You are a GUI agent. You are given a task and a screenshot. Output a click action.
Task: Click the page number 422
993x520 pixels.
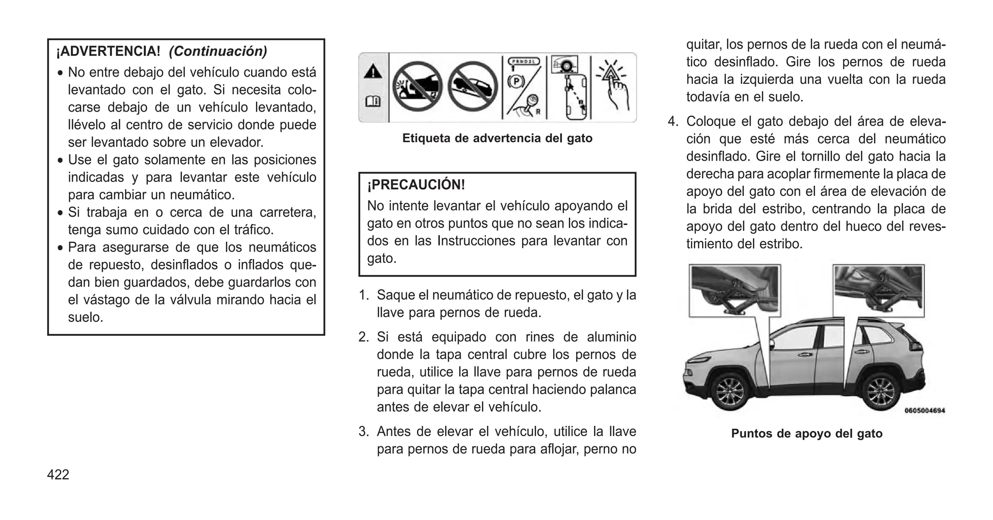[58, 474]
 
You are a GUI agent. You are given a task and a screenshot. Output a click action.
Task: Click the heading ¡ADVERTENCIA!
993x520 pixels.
[108, 51]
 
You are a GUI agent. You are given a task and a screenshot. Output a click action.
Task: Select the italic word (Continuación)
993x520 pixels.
[218, 51]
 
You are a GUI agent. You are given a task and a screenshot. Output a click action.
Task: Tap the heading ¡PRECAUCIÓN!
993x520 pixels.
[416, 185]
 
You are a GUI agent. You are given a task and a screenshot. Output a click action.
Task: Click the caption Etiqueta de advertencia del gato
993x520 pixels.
[497, 138]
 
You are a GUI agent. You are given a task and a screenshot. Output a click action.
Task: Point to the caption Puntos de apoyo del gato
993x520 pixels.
[806, 433]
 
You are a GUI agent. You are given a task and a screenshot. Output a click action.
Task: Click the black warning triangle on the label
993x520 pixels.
[373, 72]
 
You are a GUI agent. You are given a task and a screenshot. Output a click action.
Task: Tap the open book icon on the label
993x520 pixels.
[373, 102]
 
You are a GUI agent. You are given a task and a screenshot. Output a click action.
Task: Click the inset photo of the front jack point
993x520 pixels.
[734, 291]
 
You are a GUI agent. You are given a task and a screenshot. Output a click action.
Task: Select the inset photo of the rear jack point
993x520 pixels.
[878, 291]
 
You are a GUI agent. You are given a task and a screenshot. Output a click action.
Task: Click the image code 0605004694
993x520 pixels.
[925, 411]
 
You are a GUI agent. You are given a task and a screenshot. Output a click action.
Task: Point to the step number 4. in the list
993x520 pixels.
[673, 121]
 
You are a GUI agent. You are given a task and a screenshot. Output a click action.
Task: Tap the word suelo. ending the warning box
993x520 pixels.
[85, 317]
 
